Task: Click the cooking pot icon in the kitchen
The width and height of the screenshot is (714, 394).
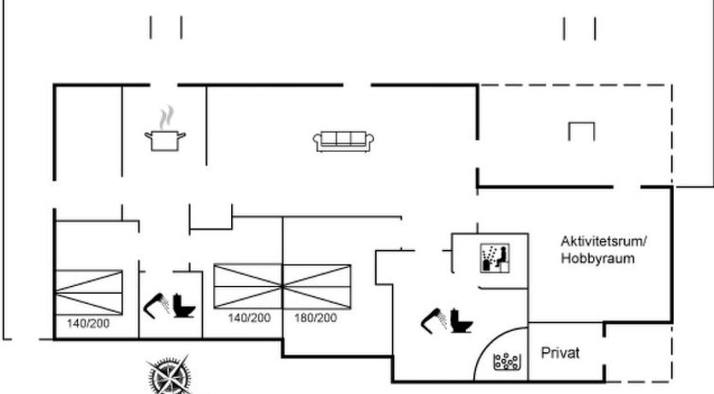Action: coord(165,140)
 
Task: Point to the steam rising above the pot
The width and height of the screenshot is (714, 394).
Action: coord(167,117)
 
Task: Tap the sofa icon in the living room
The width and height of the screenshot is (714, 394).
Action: coord(343,141)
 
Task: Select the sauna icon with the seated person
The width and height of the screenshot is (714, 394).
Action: coord(495,258)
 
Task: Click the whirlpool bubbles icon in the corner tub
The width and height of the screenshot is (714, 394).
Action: coord(506,361)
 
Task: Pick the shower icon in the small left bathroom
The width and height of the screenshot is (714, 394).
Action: coord(156,306)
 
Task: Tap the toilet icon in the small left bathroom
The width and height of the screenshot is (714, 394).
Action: coord(183,306)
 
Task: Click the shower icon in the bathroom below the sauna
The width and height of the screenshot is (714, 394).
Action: coord(434,320)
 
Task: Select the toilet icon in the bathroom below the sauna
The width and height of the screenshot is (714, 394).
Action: coord(461,320)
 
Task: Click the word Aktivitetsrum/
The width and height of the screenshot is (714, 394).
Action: coord(604,241)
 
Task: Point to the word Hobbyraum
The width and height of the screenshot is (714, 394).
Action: coord(598,259)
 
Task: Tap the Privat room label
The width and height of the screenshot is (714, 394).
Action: coord(560,353)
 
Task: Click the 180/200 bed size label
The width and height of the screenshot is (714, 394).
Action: coord(316,318)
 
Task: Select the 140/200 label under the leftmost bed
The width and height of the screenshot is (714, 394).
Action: coord(88,324)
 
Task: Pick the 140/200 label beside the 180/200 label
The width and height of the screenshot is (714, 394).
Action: coord(249,318)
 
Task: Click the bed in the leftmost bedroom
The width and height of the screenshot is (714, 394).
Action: coord(89,292)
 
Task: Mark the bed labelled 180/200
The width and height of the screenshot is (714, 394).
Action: coord(317,286)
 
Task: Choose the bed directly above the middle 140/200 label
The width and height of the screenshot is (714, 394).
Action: coord(248,286)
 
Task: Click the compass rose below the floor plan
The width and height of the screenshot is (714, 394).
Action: coord(170,374)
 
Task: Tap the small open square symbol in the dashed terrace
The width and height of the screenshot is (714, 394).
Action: coord(581,132)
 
